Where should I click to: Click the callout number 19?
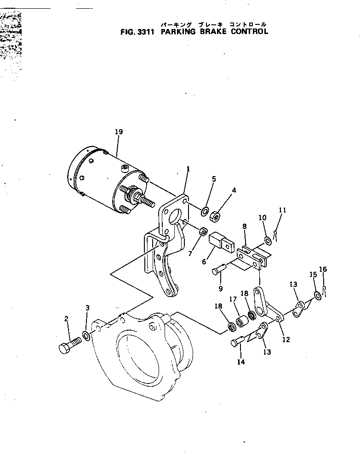[119, 132]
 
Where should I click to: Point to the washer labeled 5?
[203, 211]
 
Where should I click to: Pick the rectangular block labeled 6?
[220, 242]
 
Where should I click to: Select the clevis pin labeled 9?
[219, 270]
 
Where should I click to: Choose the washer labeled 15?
[317, 295]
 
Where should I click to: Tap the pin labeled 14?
[237, 342]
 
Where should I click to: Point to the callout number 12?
[286, 340]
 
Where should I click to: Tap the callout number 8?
[245, 227]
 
